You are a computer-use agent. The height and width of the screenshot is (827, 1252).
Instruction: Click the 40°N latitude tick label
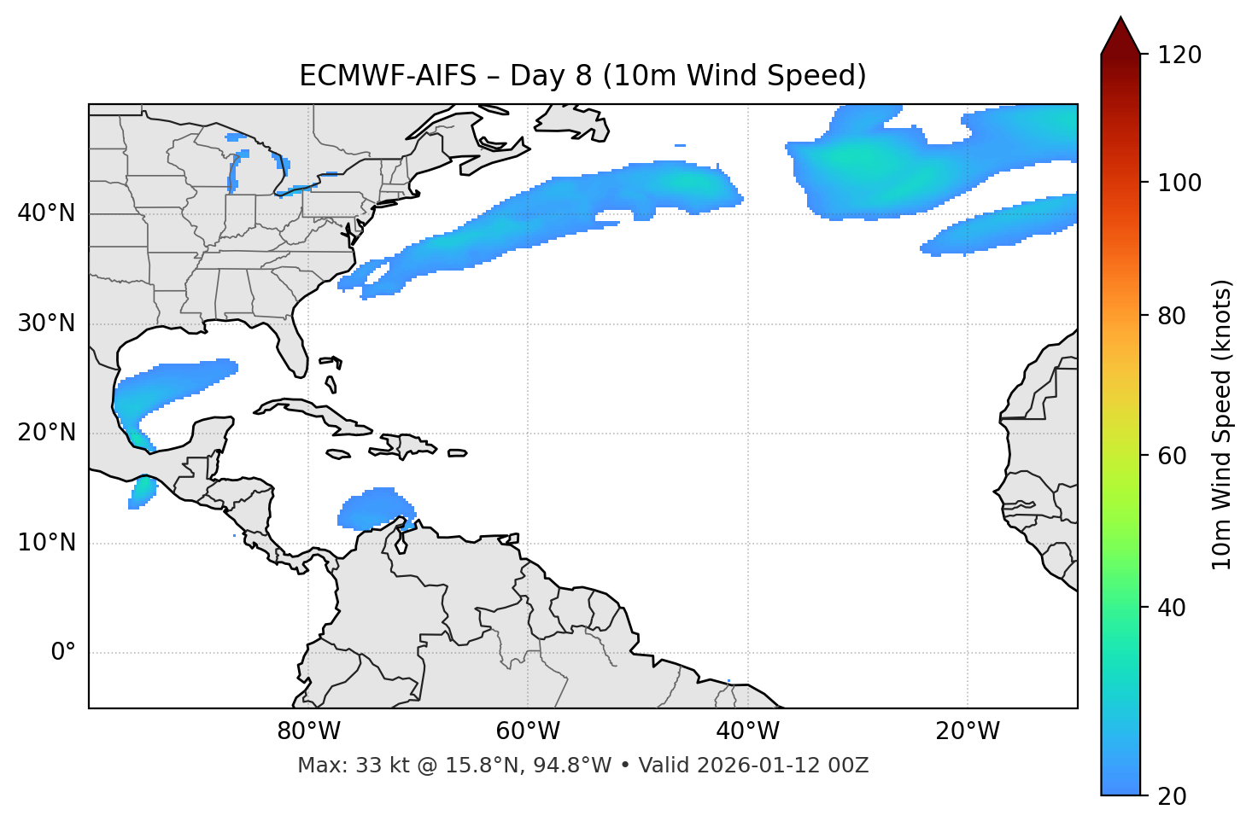[x=46, y=213]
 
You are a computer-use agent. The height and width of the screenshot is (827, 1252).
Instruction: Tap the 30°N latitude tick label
[x=46, y=323]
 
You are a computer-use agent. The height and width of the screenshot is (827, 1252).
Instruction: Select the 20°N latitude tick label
[x=46, y=433]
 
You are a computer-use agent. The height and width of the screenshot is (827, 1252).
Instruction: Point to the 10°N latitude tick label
[x=46, y=543]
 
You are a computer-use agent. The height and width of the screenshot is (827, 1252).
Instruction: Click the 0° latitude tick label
[x=63, y=653]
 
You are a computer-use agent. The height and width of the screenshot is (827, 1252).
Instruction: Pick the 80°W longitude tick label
[x=308, y=731]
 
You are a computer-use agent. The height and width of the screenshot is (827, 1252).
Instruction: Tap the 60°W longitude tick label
[x=528, y=731]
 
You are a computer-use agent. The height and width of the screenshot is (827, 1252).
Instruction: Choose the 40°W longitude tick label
[x=748, y=731]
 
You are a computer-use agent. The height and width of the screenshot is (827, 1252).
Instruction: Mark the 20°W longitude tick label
[x=968, y=731]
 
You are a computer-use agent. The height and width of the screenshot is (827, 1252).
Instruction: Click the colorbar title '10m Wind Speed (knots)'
[x=1222, y=424]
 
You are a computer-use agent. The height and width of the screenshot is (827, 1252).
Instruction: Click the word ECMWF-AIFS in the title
[x=388, y=76]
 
